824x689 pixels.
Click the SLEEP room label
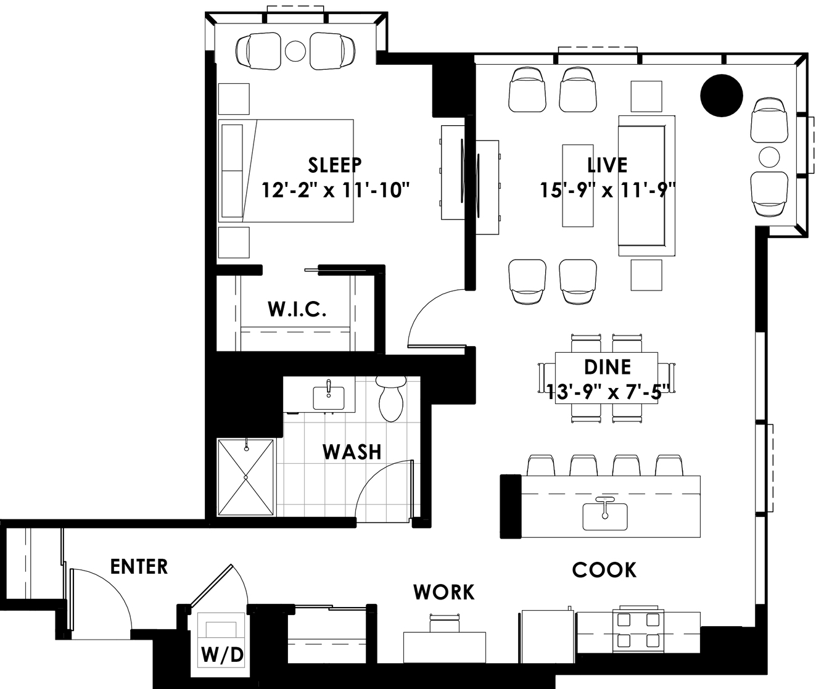[335, 165]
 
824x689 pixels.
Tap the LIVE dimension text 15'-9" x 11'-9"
[608, 190]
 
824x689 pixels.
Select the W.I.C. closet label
[297, 310]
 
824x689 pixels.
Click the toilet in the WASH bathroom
[390, 398]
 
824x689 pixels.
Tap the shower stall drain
[245, 477]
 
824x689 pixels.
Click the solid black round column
[722, 96]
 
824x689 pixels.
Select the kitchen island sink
[605, 516]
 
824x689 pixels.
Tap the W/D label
[222, 656]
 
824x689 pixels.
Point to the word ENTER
[139, 567]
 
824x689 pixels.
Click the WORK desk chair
[445, 623]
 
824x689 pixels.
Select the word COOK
[604, 570]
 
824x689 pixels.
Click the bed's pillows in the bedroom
[233, 171]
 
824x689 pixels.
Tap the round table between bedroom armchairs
[295, 51]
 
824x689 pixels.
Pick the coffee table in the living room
[578, 186]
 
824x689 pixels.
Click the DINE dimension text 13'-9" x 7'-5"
[608, 393]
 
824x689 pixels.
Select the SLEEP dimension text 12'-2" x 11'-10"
[336, 190]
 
